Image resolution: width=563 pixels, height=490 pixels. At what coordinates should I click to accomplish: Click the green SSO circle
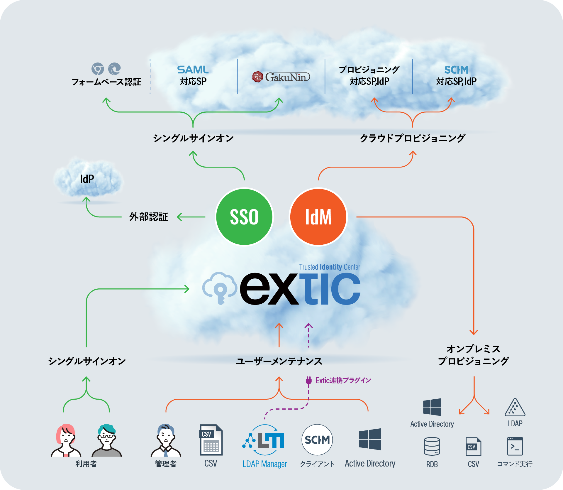244,217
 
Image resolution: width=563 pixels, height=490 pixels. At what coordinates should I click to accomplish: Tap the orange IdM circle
318,217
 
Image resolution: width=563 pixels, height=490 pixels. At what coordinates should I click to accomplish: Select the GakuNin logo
281,77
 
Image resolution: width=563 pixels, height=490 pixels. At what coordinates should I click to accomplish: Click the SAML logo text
193,70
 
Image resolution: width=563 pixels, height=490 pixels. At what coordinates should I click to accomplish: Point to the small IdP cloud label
87,179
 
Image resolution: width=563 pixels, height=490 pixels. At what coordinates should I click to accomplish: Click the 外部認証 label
149,217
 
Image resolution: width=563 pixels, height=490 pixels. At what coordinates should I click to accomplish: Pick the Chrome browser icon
98,69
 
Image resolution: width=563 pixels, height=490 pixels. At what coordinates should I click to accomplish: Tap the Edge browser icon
114,69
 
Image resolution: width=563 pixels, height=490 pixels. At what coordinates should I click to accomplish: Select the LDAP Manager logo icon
263,440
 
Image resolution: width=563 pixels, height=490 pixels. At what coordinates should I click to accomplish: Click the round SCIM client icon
317,440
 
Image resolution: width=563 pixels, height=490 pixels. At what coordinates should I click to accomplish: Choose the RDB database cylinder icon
432,446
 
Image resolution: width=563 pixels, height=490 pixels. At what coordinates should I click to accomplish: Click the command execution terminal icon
515,446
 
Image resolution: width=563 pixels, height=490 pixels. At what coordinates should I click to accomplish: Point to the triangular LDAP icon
515,408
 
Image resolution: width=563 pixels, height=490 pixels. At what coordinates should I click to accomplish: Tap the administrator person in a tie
166,440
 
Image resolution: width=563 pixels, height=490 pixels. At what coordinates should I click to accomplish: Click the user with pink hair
66,440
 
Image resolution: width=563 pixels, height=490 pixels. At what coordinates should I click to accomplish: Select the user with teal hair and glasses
107,440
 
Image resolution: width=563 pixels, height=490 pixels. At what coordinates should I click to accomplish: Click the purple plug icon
308,380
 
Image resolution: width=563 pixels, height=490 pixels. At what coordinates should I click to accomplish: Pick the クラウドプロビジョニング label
412,138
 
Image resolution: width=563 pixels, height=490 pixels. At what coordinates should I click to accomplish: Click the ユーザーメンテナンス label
279,361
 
